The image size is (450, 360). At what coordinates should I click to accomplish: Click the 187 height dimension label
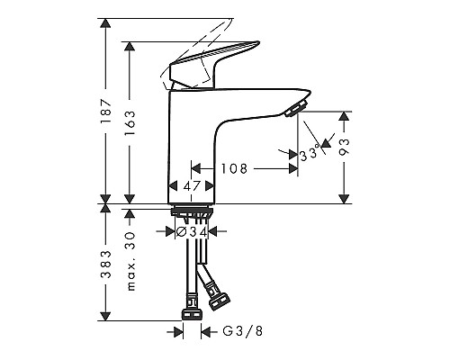point(106,111)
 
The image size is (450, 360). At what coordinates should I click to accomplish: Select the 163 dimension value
point(130,122)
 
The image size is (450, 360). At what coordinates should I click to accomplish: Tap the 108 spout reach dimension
point(234,168)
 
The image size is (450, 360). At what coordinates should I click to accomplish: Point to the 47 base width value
point(192,186)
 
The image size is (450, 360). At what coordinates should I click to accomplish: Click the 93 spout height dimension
point(344,147)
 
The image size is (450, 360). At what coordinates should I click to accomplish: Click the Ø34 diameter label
point(192,231)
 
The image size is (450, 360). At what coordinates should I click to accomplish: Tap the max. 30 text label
point(130,261)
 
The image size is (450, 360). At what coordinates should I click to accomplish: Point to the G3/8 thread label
point(243,331)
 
